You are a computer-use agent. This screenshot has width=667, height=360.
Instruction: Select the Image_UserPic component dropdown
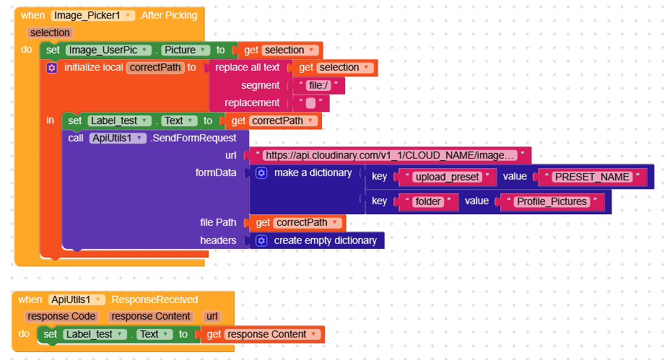pos(108,50)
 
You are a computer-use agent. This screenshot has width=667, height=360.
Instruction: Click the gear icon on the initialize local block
pos(51,67)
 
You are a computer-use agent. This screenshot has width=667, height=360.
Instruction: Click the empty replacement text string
pos(310,103)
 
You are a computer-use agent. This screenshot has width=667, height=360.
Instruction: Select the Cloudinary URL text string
pos(390,155)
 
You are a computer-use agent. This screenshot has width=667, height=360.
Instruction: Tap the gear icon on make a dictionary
pos(261,173)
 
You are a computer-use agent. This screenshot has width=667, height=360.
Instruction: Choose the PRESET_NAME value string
pos(592,177)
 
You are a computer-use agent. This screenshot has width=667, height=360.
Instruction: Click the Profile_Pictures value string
pos(552,201)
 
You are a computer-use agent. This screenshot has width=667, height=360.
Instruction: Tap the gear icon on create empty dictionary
pos(261,240)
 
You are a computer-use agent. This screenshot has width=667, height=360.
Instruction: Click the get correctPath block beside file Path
pos(296,222)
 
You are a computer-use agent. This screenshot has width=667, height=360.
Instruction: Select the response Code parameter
pos(64,316)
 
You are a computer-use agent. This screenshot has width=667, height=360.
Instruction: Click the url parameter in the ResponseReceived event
pos(212,316)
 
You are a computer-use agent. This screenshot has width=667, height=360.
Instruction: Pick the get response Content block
pos(263,334)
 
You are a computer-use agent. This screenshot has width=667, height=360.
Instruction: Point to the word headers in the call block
pos(219,240)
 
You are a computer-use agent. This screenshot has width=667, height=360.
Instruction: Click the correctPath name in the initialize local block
pos(156,67)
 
